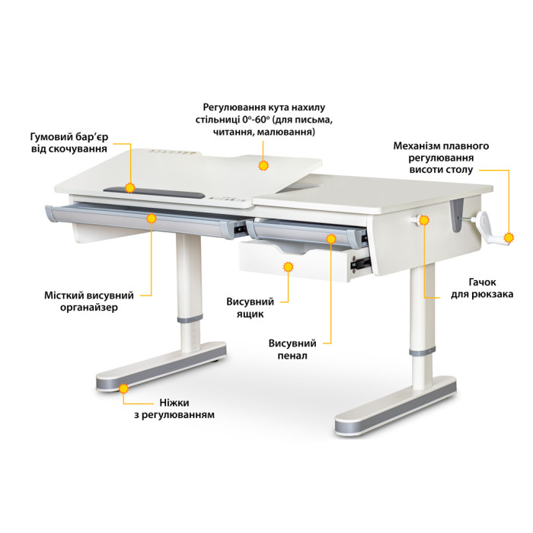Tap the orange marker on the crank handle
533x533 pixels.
pos(509,238)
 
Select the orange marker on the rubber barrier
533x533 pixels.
pos(130,187)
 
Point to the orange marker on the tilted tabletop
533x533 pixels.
pos(263,165)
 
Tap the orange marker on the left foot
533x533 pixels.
pos(123,388)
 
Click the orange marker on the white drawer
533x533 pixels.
pos(289,266)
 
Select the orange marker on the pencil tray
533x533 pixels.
pos(331,238)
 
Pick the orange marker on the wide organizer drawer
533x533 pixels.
pos(152,219)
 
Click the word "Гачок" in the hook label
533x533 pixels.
pos(482,282)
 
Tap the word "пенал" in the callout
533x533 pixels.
pos(292,356)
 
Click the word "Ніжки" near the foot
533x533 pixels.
pos(174,403)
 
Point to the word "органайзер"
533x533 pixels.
pos(89,308)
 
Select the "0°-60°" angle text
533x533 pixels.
pos(257,120)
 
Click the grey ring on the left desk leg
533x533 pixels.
pos(190,319)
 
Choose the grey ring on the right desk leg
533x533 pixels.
pos(422,352)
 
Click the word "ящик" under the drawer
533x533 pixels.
pos(251,314)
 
